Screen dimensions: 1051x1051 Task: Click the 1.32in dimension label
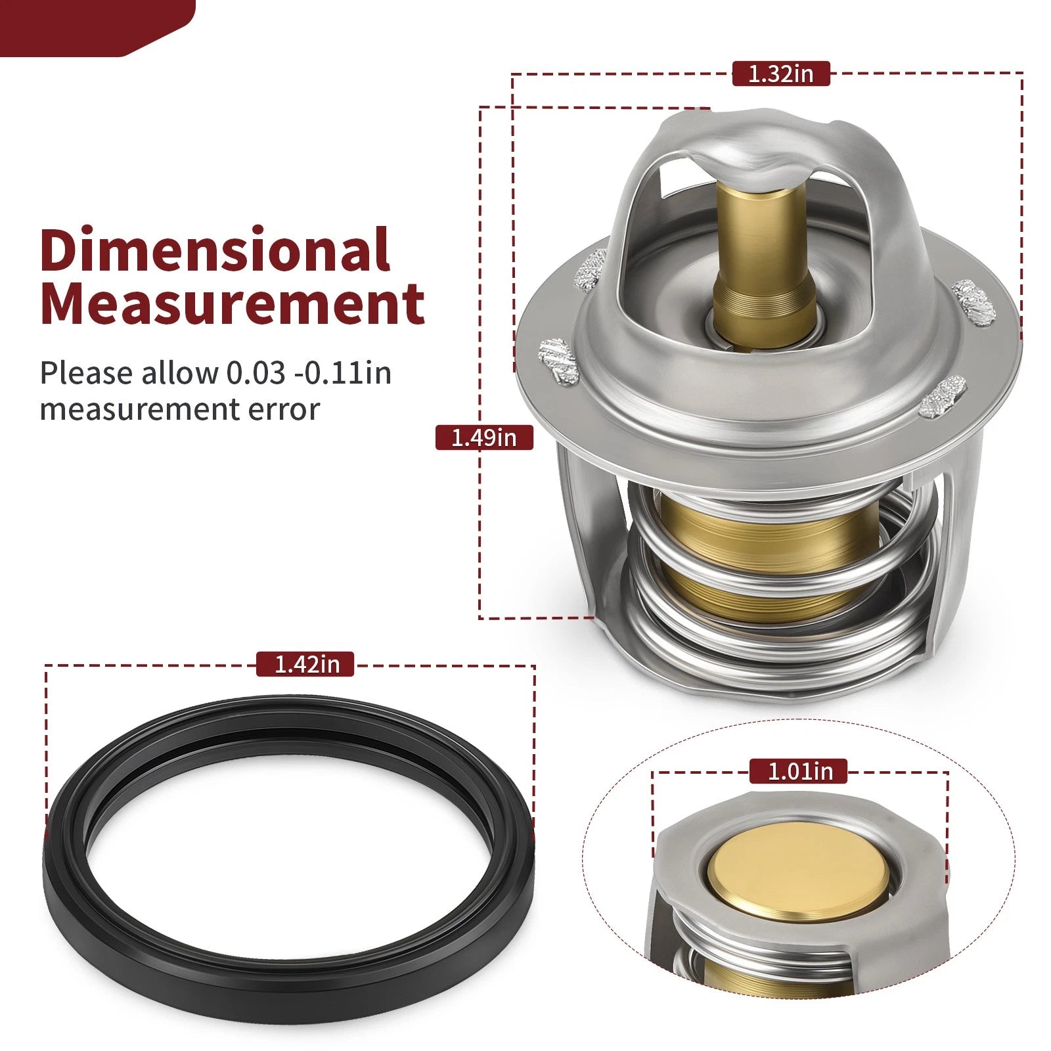[781, 73]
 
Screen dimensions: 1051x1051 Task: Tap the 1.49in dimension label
[484, 437]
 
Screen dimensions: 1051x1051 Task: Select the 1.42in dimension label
[305, 664]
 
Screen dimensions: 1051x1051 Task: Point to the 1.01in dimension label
[798, 771]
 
